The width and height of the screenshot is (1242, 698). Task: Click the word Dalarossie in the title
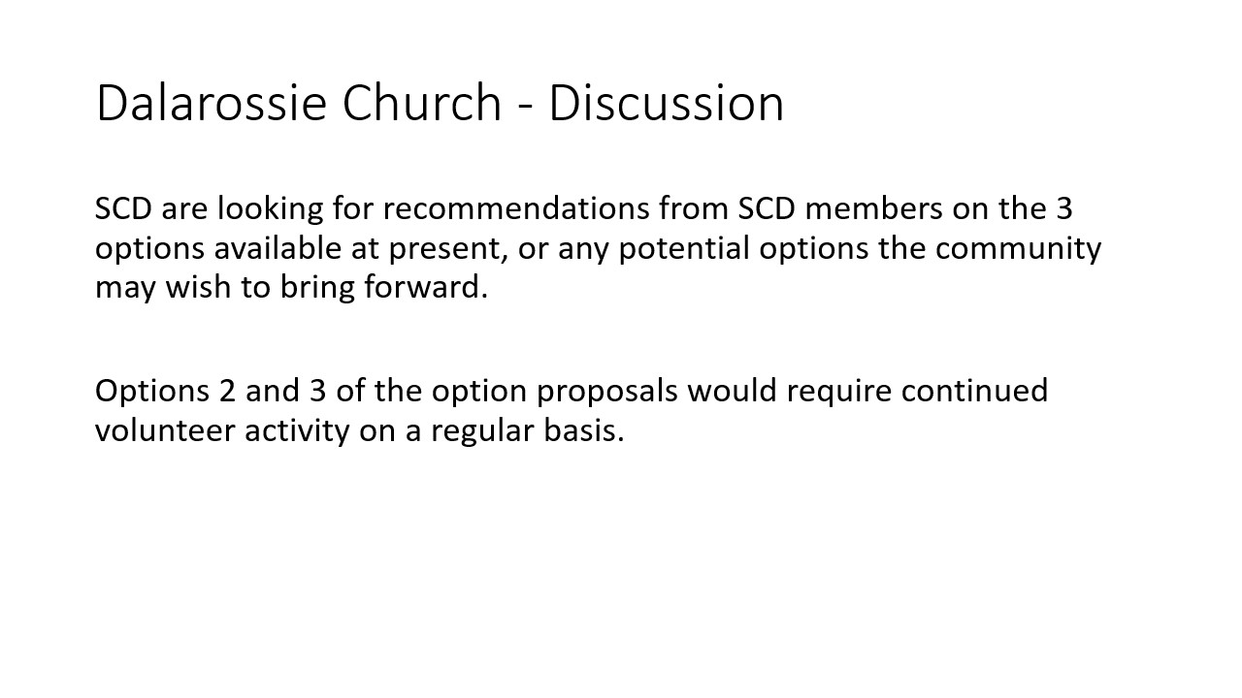pos(212,103)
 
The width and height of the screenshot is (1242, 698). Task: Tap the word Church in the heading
pos(422,103)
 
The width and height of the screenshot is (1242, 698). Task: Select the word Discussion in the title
pos(666,103)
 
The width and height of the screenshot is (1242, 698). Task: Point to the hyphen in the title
pos(525,107)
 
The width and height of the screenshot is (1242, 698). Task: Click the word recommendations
pos(516,208)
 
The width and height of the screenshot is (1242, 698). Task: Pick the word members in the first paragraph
pos(873,208)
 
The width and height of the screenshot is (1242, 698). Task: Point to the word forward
pos(425,288)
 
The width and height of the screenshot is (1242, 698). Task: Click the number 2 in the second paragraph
pos(227,391)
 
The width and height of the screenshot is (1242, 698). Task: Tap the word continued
pos(974,391)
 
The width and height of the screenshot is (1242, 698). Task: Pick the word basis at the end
pos(584,430)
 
